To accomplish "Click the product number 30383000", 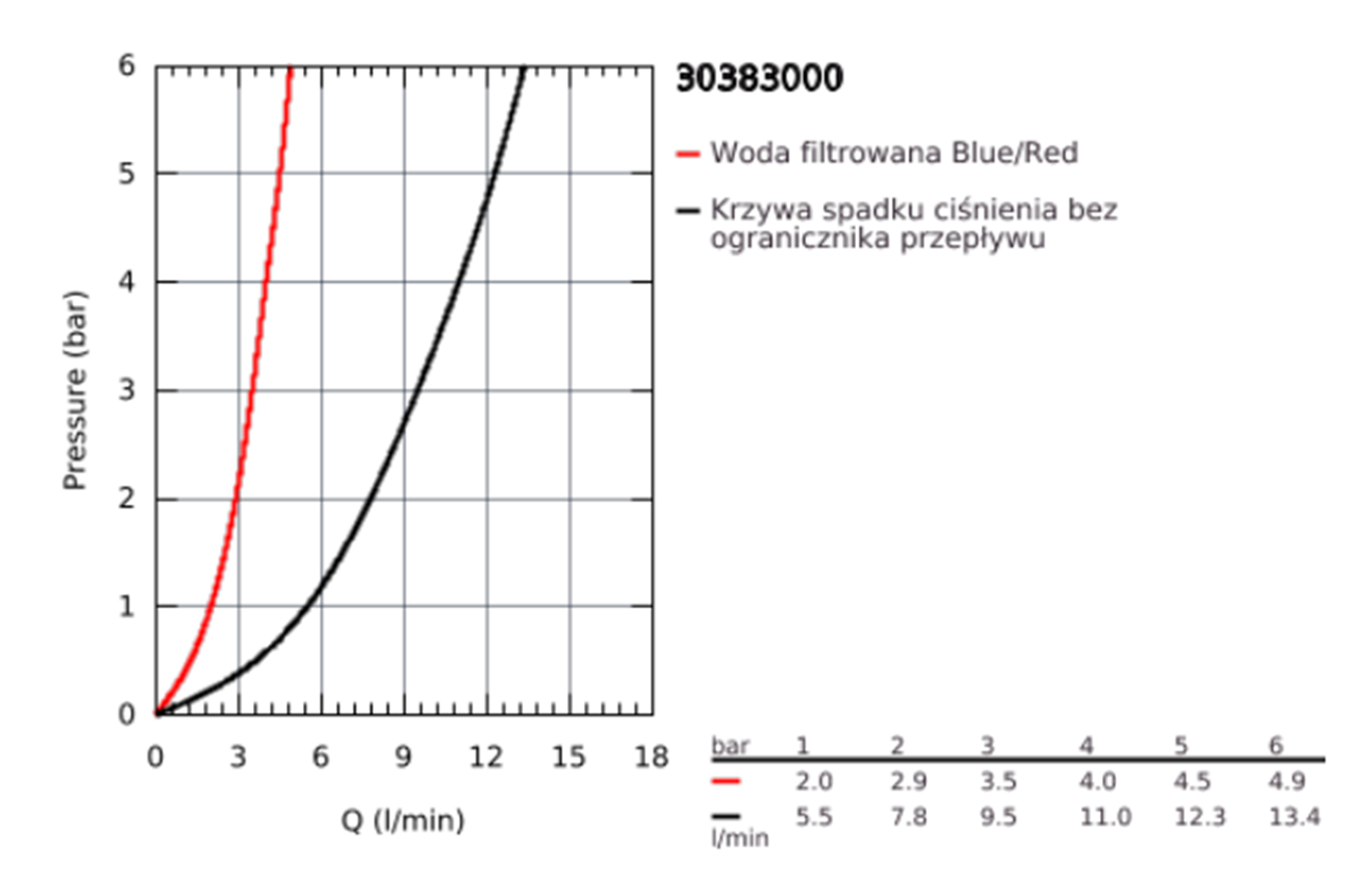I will (x=759, y=80).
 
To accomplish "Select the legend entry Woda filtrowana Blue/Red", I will (x=894, y=153).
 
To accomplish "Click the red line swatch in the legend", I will (x=688, y=154).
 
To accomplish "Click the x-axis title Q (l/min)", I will (x=404, y=821).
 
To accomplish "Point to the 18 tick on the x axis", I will (x=652, y=757).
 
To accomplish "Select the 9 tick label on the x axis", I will (x=404, y=757).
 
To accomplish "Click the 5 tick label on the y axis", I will (x=127, y=173).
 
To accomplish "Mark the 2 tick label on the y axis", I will (x=127, y=498).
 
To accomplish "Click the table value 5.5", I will (x=815, y=817).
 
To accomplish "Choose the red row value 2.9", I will (x=909, y=781).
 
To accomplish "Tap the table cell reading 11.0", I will (x=1105, y=817).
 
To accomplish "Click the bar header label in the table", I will (x=729, y=745).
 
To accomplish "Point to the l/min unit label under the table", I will (x=739, y=839).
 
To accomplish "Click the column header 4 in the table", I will (x=1086, y=745).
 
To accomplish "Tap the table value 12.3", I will (x=1203, y=817).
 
